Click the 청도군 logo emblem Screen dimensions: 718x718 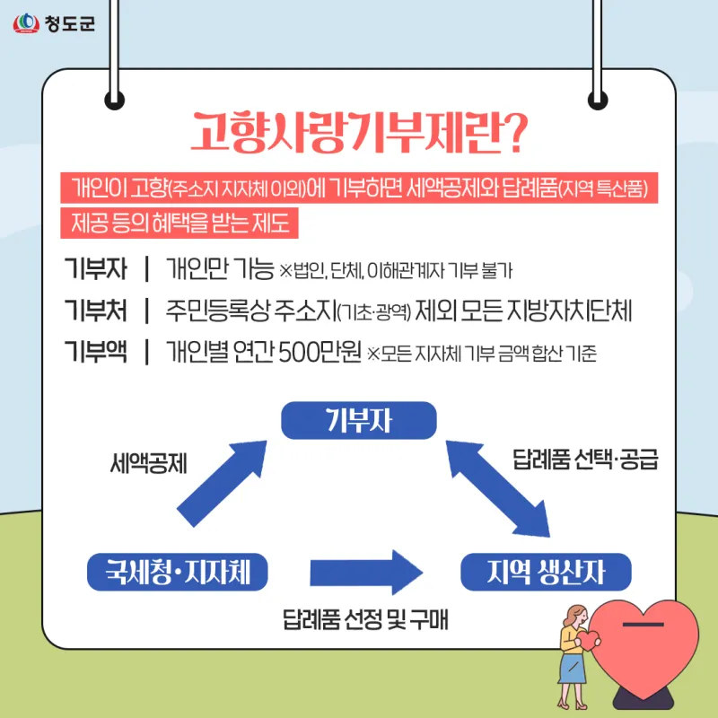coord(26,23)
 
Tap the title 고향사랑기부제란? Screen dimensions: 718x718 coord(360,132)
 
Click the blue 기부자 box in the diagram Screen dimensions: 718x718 coord(358,420)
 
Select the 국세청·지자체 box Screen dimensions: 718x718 coord(177,572)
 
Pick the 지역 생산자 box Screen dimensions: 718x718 coord(546,572)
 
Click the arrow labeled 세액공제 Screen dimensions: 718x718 coord(222,484)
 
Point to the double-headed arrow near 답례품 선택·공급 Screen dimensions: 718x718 coord(498,488)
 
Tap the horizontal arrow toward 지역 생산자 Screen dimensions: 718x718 coord(366,573)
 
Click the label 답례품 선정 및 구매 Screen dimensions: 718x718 coord(365,619)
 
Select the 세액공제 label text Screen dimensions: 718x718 coord(149,463)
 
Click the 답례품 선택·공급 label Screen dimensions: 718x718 coord(585,460)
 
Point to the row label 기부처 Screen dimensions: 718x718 coord(96,310)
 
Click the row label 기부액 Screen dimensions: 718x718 coord(96,352)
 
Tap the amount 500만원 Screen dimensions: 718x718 coord(320,352)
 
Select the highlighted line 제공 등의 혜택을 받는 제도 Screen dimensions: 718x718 coord(179,223)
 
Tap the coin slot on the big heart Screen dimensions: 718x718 coord(643,624)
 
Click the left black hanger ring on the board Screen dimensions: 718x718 coord(115,100)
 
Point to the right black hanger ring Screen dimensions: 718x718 coord(598,100)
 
